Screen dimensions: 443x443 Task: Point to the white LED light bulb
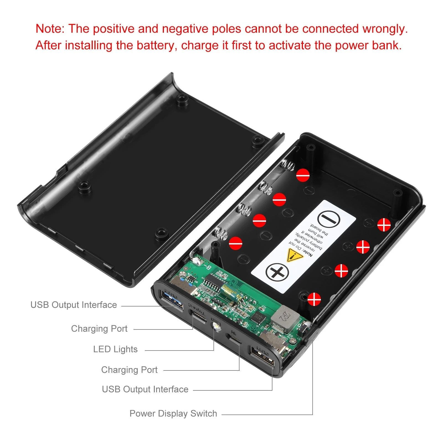pos(216,328)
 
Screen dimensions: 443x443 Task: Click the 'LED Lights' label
pos(115,349)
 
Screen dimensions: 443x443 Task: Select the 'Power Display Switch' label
pos(173,413)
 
